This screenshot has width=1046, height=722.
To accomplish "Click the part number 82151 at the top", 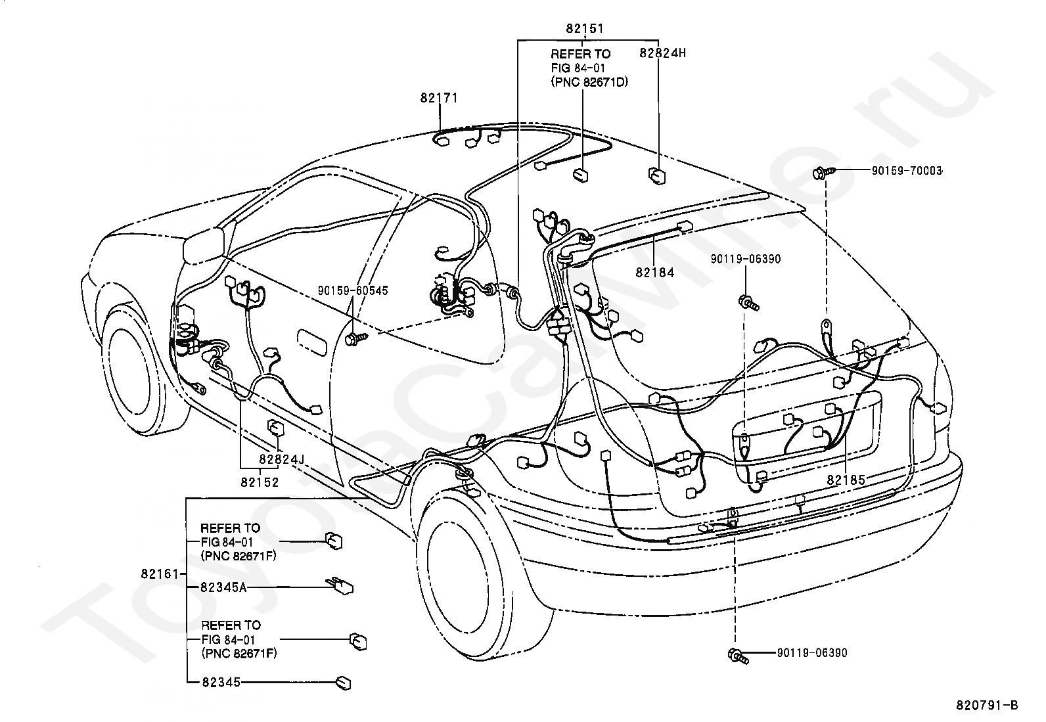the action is (x=585, y=28).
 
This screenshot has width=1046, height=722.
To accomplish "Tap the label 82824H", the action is (x=663, y=53).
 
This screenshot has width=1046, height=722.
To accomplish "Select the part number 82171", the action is (x=439, y=98).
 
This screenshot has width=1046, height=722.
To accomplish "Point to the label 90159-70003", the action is (x=906, y=171).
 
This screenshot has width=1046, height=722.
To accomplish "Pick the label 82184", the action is (x=654, y=272).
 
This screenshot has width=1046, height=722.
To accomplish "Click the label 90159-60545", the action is (x=353, y=290).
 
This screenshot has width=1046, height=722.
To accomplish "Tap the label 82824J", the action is (x=282, y=459).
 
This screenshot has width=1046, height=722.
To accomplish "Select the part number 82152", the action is (x=260, y=482).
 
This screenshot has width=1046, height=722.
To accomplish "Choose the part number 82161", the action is (x=160, y=574).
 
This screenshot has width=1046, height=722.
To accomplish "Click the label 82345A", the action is (x=223, y=587).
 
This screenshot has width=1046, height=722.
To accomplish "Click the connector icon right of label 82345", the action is (x=343, y=683).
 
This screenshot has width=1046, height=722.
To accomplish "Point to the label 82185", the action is (x=846, y=480).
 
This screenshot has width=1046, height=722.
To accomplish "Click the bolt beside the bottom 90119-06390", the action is (x=739, y=656).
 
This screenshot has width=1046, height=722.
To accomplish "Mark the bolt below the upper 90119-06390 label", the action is (x=750, y=303).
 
